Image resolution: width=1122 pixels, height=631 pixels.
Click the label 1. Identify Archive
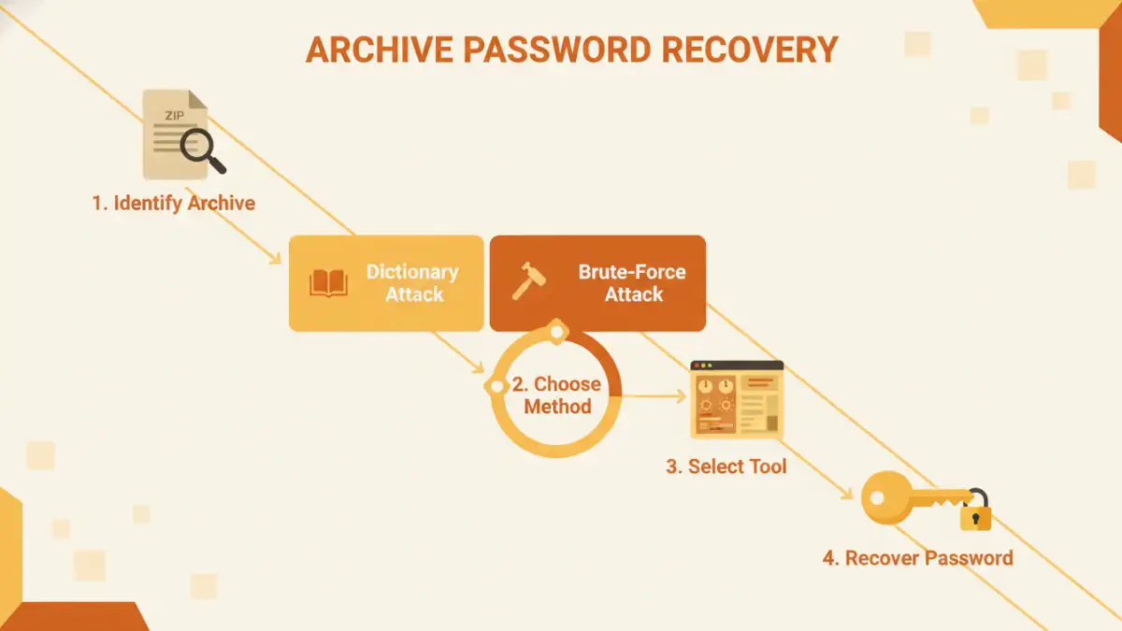pos(173,203)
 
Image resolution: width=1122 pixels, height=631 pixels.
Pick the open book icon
pos(328,282)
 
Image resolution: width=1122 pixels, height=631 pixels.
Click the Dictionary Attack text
pos(412,282)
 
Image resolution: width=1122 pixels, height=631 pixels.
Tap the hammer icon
pos(529,281)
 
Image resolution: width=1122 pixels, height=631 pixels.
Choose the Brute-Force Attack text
pos(632,282)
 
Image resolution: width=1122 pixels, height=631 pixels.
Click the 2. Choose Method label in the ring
pos(557,395)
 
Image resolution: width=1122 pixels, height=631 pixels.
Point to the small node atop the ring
pos(556,330)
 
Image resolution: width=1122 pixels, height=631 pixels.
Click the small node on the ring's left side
pos(495,385)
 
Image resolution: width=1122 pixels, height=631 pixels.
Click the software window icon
pos(736,399)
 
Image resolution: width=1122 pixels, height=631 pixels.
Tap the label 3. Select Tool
pos(726,466)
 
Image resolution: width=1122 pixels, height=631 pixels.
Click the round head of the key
pos(884,497)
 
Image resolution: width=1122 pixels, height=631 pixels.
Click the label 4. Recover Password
pos(916,558)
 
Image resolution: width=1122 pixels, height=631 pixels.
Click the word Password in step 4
pos(969,558)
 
